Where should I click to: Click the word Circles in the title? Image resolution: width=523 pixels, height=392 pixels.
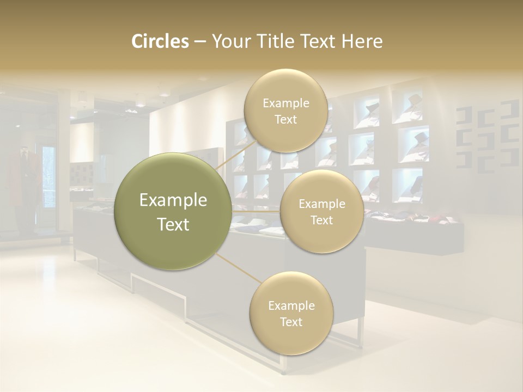160,41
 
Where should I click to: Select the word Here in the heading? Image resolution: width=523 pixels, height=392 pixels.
362,41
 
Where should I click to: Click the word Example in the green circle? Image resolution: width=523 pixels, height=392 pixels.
173,200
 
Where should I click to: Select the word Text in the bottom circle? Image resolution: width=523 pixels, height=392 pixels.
291,322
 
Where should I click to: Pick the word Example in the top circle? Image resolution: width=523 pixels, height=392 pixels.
285,103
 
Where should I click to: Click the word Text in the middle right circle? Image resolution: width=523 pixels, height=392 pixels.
321,220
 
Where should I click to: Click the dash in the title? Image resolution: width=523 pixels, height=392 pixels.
200,41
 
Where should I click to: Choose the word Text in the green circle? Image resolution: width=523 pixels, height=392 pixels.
173,224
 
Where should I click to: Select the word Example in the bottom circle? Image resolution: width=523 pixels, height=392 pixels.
291,305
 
